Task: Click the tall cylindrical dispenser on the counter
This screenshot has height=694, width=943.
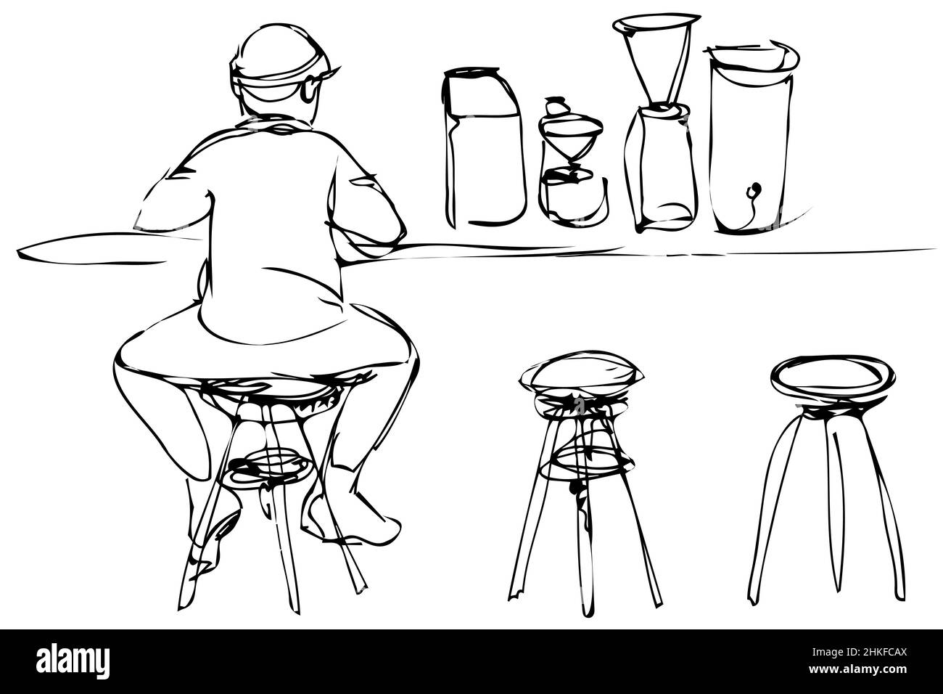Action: [x=751, y=145]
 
